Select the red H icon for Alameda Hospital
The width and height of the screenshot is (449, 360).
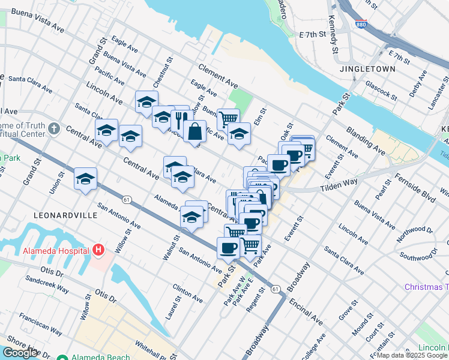click(x=99, y=250)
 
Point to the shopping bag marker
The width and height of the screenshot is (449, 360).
click(x=195, y=131)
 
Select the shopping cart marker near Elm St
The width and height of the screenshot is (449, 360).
click(x=228, y=119)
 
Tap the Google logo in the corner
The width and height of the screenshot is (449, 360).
click(x=20, y=353)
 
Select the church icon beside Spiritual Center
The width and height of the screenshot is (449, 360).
click(x=54, y=128)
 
